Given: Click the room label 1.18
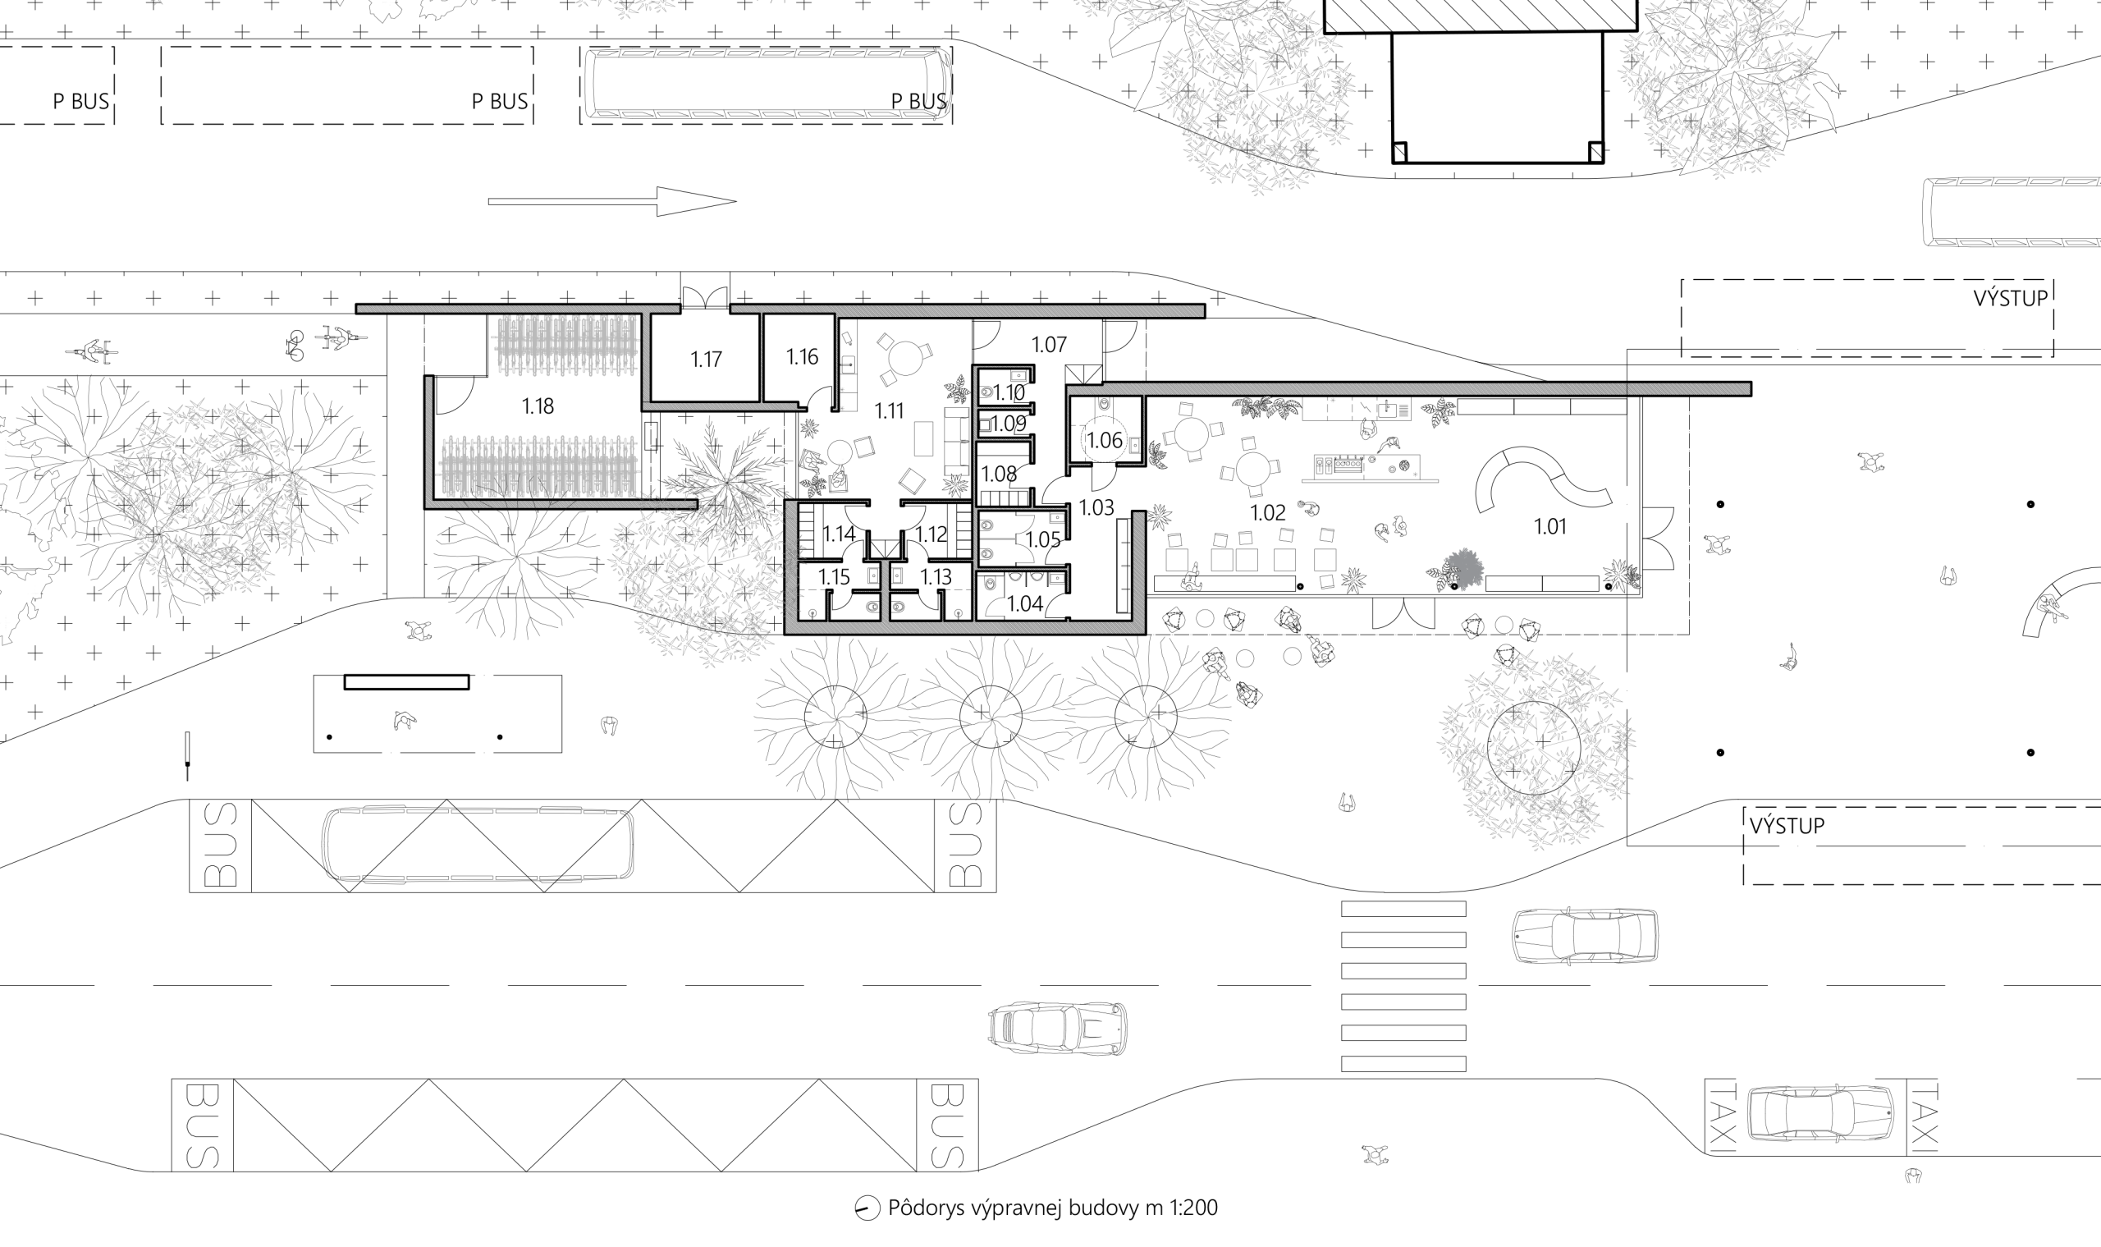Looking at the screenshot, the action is [x=538, y=406].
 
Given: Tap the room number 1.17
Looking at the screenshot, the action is [x=707, y=360].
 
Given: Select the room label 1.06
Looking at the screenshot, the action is [x=1105, y=440].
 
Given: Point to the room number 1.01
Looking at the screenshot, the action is [x=1551, y=527].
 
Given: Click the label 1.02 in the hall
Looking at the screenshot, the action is [x=1268, y=512].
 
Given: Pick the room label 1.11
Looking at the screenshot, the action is [x=889, y=411].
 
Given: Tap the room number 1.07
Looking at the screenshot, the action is [x=1049, y=345].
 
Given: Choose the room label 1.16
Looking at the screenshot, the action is [x=803, y=357].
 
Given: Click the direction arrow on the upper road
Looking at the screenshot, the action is [x=612, y=202].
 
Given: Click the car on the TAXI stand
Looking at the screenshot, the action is [x=1820, y=1113].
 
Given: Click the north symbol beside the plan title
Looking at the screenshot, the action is [x=866, y=1209].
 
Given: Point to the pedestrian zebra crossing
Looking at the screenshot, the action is [x=1403, y=986].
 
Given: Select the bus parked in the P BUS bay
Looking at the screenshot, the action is [x=767, y=83].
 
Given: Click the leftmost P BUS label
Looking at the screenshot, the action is [x=80, y=102].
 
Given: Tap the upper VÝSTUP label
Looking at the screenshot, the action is [x=2011, y=298].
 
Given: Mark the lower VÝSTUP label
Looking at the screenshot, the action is [x=1787, y=826].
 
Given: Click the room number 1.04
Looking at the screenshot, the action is [x=1025, y=603].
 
